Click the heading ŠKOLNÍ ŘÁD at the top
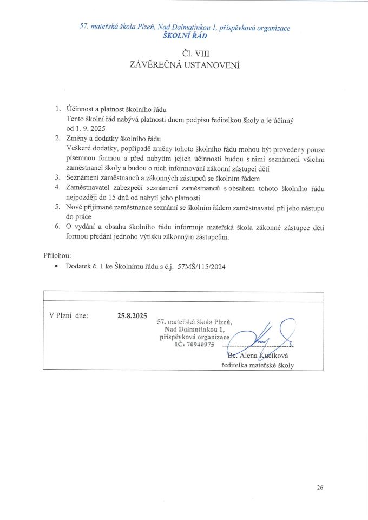point(184,36)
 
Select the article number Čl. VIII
point(184,54)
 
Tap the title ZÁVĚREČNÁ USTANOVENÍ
point(184,65)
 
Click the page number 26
point(320,488)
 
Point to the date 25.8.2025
point(132,315)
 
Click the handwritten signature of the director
point(265,335)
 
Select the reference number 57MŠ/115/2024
point(201,267)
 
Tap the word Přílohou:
point(57,255)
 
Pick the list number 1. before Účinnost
point(58,109)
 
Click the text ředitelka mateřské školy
point(258,365)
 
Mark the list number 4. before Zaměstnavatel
point(58,188)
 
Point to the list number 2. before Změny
point(58,139)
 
